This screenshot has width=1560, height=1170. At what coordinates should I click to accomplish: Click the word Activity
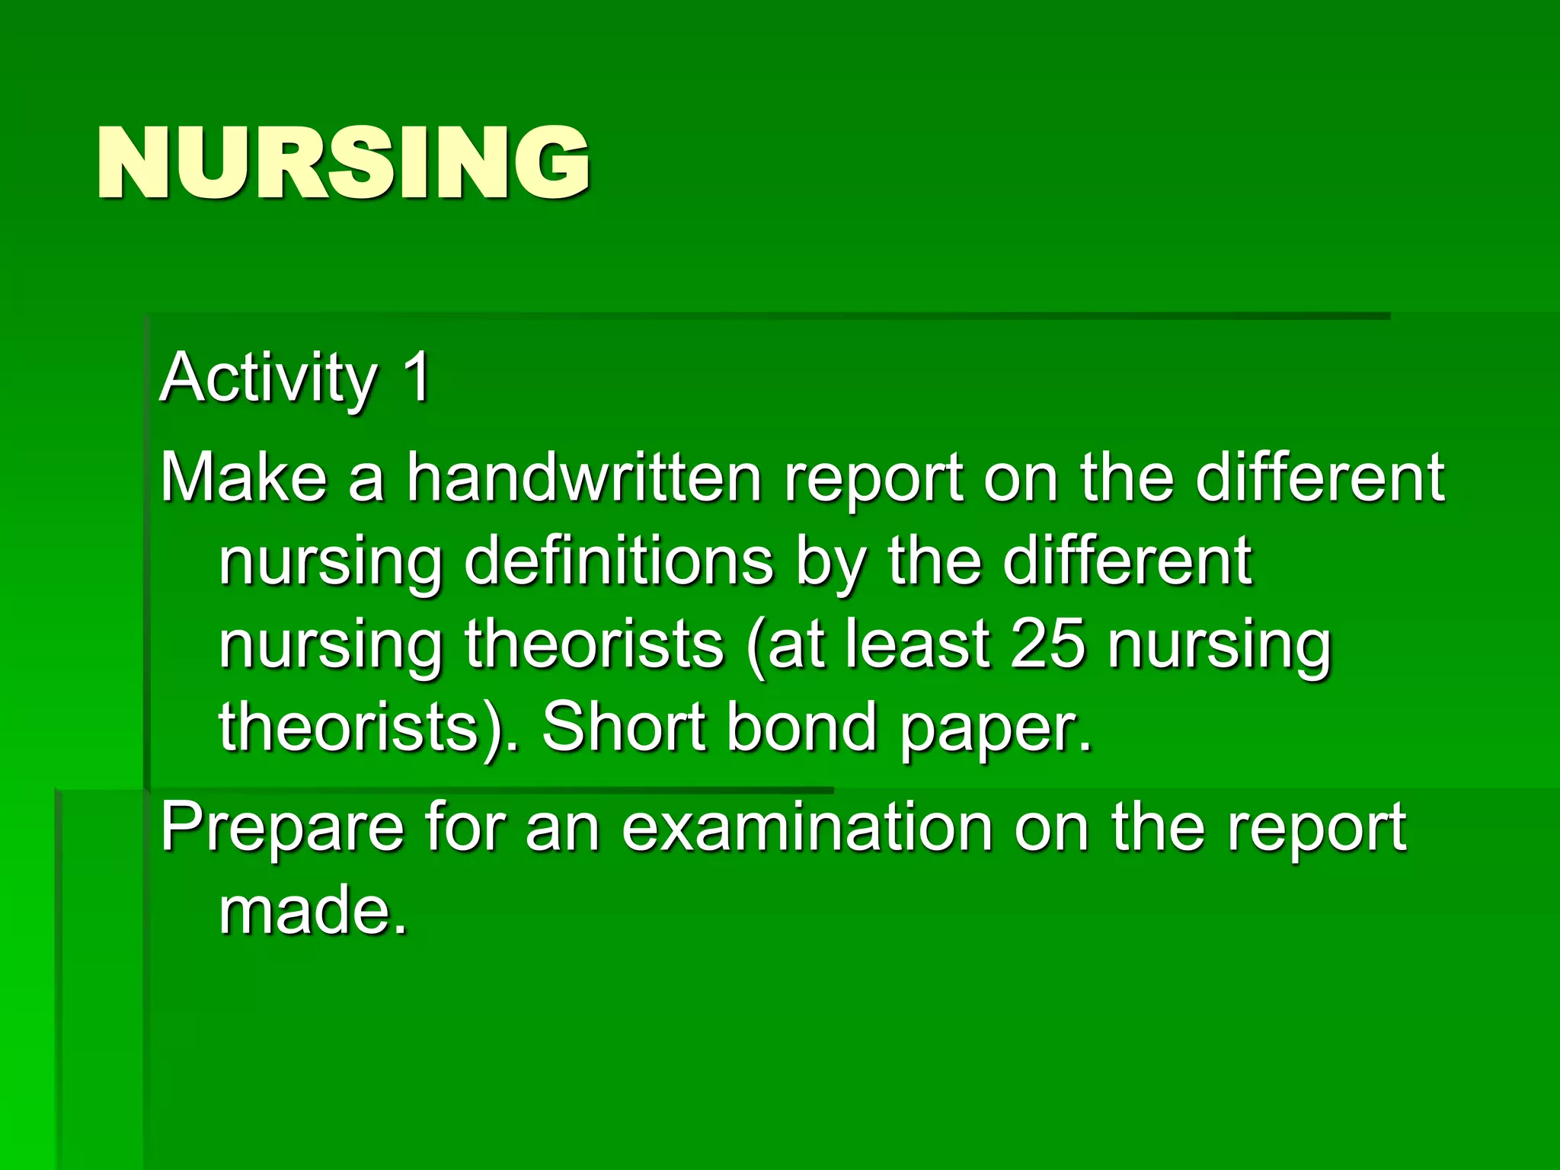point(268,379)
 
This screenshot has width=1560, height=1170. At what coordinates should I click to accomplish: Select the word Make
point(242,478)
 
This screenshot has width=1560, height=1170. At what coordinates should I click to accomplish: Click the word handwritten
point(583,478)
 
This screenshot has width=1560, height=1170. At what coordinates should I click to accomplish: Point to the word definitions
point(619,562)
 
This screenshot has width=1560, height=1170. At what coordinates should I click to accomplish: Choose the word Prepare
point(282,829)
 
